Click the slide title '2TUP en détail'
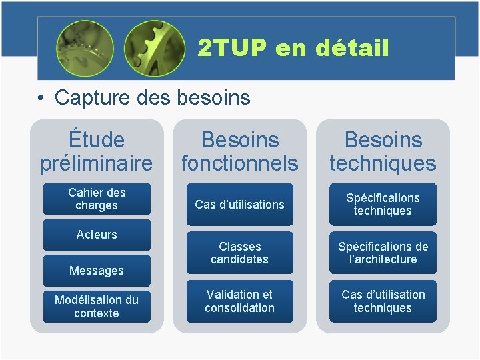pyautogui.click(x=293, y=48)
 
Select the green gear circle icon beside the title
pyautogui.click(x=155, y=48)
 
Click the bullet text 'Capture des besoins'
pyautogui.click(x=152, y=98)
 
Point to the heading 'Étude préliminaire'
pyautogui.click(x=97, y=151)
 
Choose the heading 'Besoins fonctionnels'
pyautogui.click(x=239, y=151)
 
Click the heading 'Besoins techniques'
pyautogui.click(x=383, y=151)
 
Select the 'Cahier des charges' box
pyautogui.click(x=97, y=199)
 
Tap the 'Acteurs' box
pyautogui.click(x=97, y=235)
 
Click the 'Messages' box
pyautogui.click(x=97, y=271)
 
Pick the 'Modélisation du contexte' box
pyautogui.click(x=97, y=307)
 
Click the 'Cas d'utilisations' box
pyautogui.click(x=239, y=205)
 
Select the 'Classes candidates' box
pyautogui.click(x=239, y=253)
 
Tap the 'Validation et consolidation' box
pyautogui.click(x=239, y=301)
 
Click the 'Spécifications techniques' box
pyautogui.click(x=383, y=205)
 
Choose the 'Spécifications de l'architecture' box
pyautogui.click(x=383, y=253)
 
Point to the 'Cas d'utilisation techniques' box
pyautogui.click(x=383, y=301)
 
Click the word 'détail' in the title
pyautogui.click(x=352, y=48)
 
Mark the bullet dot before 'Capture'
pyautogui.click(x=41, y=99)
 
